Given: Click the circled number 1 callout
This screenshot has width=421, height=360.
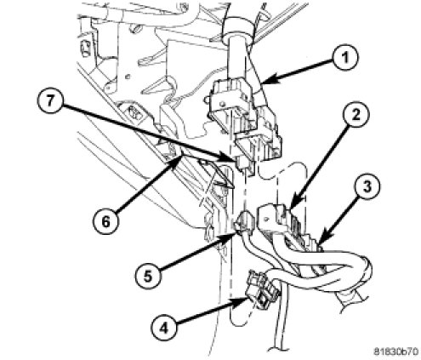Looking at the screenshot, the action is point(345,58).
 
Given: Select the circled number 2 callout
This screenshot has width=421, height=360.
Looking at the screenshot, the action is point(356,115).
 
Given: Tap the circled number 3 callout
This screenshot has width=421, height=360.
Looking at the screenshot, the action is point(367,187).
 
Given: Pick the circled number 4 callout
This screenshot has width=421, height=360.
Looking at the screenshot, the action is point(163,329).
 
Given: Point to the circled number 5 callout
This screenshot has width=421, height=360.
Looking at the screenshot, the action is point(148,276).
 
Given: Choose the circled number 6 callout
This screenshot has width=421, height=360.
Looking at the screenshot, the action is point(105,221).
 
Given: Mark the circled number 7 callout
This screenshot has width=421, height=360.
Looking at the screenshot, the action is point(50,100).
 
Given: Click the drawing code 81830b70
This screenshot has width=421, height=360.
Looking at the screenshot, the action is point(395,351).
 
